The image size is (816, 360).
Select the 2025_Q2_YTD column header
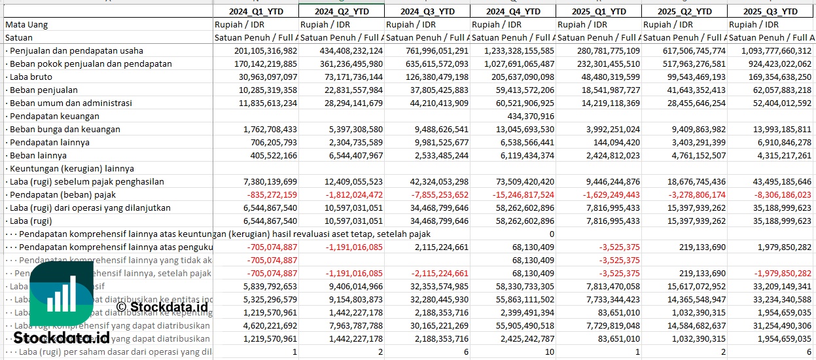point(684,11)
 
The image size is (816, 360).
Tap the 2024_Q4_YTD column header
point(513,11)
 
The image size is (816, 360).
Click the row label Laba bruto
point(32,77)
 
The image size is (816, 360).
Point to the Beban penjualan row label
point(43,90)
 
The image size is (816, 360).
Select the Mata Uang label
point(26,24)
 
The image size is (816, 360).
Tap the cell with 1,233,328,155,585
point(512,50)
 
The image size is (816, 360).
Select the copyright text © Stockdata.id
point(162,306)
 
